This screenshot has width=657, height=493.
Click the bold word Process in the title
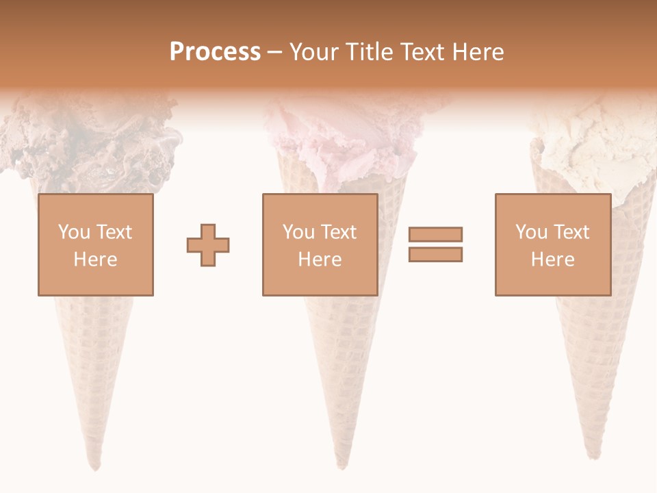(x=215, y=52)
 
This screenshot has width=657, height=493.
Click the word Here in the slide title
(x=477, y=52)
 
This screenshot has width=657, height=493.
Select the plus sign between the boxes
(x=208, y=244)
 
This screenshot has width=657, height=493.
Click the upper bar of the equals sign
(x=435, y=235)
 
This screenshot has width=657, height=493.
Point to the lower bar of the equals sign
(x=435, y=254)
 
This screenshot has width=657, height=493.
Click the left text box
(x=95, y=244)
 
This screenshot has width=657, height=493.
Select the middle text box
(x=320, y=244)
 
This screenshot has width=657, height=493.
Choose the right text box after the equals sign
(x=552, y=244)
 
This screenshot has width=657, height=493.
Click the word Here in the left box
(x=95, y=260)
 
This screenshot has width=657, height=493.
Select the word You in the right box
(x=531, y=232)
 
